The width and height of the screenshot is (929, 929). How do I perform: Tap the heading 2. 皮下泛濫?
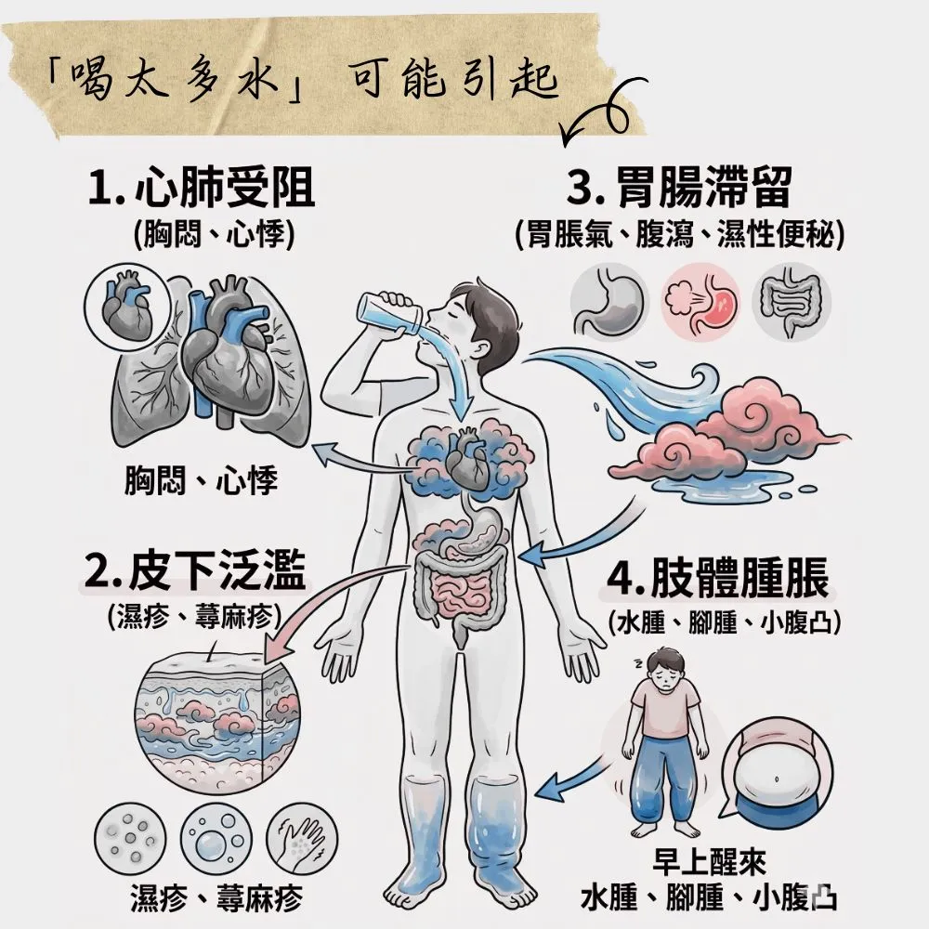click(194, 573)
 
